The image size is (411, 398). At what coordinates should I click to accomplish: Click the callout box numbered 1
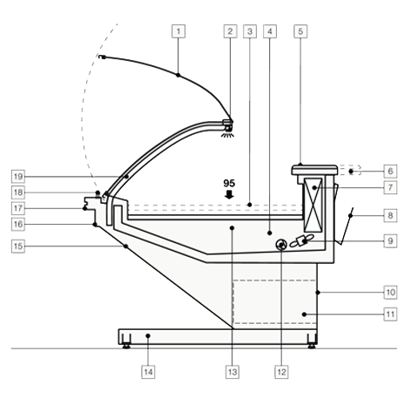pyautogui.click(x=179, y=31)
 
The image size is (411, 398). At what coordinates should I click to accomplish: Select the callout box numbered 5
pyautogui.click(x=300, y=31)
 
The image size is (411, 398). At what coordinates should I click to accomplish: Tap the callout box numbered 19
pyautogui.click(x=18, y=176)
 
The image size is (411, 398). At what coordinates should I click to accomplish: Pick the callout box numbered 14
pyautogui.click(x=148, y=372)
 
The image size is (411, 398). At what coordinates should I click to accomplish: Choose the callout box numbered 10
pyautogui.click(x=390, y=292)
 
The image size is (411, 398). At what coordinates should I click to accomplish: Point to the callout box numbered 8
pyautogui.click(x=390, y=215)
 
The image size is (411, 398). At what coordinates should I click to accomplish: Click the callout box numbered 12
pyautogui.click(x=281, y=372)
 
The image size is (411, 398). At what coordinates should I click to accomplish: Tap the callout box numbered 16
pyautogui.click(x=18, y=224)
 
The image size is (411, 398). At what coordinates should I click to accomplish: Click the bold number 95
pyautogui.click(x=229, y=184)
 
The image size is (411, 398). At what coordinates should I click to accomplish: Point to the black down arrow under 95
pyautogui.click(x=229, y=195)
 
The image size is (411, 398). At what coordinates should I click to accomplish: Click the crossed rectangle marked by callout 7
pyautogui.click(x=313, y=205)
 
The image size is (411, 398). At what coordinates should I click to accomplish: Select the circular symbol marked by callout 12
pyautogui.click(x=281, y=246)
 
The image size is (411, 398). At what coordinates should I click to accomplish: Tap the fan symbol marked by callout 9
pyautogui.click(x=302, y=241)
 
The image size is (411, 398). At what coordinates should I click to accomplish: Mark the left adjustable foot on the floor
pyautogui.click(x=126, y=347)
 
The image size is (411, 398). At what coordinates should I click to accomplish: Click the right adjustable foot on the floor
pyautogui.click(x=312, y=347)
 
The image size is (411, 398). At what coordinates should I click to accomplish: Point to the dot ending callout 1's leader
pyautogui.click(x=179, y=75)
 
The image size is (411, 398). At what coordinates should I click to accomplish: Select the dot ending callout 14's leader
pyautogui.click(x=148, y=336)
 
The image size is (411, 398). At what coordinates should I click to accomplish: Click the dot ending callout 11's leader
pyautogui.click(x=304, y=314)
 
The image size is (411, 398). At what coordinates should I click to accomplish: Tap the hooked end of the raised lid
pyautogui.click(x=102, y=57)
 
